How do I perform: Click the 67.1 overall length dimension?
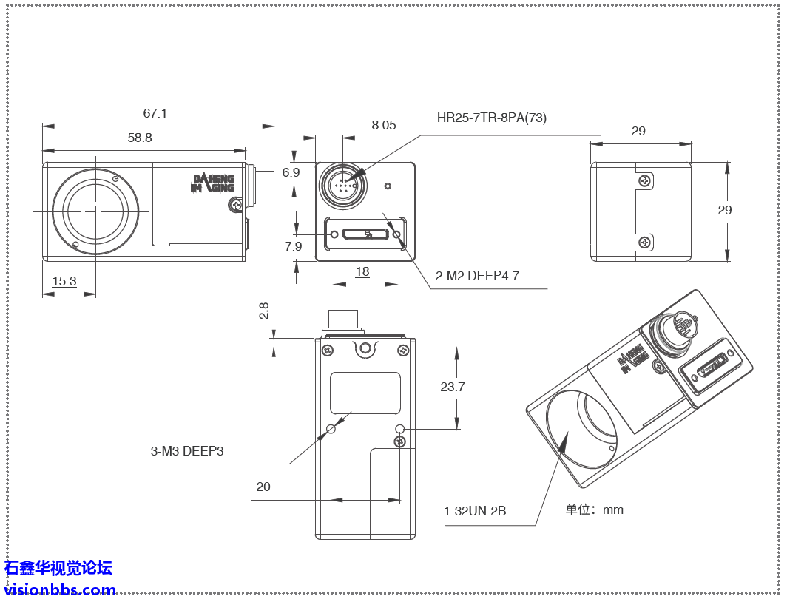point(155,113)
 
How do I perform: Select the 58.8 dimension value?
point(140,137)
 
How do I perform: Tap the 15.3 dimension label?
point(64,281)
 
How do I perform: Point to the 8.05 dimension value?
point(384,125)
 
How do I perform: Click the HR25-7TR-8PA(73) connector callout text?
point(492,118)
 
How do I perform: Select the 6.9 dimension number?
point(291,172)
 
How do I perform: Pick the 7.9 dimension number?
point(293,246)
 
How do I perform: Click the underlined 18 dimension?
point(362,271)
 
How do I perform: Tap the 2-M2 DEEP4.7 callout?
point(477,276)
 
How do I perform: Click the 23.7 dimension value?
point(452,387)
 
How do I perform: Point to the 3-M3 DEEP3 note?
point(187,450)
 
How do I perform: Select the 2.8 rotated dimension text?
point(264,311)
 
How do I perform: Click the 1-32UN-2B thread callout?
point(475,511)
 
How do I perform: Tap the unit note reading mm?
point(595,510)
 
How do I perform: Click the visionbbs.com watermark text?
point(60,589)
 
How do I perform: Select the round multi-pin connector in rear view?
point(342,183)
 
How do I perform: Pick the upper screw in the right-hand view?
point(646,180)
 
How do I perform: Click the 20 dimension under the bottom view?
point(263,487)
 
